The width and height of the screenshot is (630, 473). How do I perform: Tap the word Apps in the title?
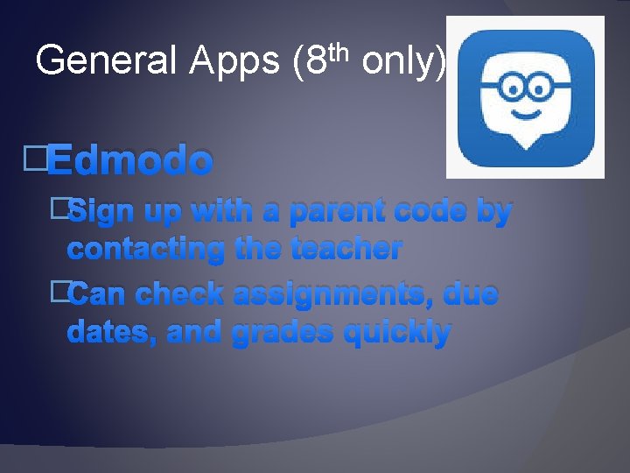(235, 60)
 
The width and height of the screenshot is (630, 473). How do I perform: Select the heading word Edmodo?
(129, 161)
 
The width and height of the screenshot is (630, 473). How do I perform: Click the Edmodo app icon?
(525, 96)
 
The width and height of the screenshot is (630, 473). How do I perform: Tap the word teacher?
(346, 249)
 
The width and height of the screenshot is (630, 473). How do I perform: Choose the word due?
(471, 294)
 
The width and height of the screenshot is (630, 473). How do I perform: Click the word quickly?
(397, 332)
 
